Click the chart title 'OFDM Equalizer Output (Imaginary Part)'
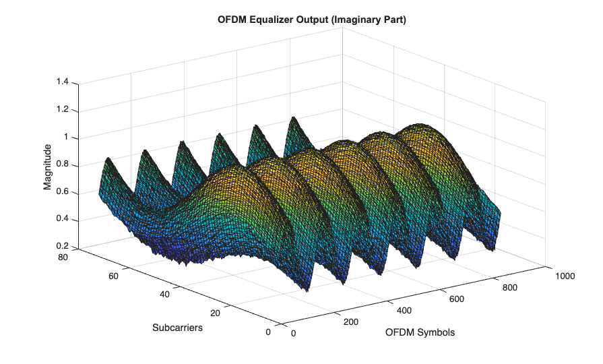coord(311,20)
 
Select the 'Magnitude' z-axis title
coord(48,166)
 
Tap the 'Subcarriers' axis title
coord(177,328)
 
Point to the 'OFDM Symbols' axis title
coord(420,332)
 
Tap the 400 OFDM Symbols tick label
coord(403,311)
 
